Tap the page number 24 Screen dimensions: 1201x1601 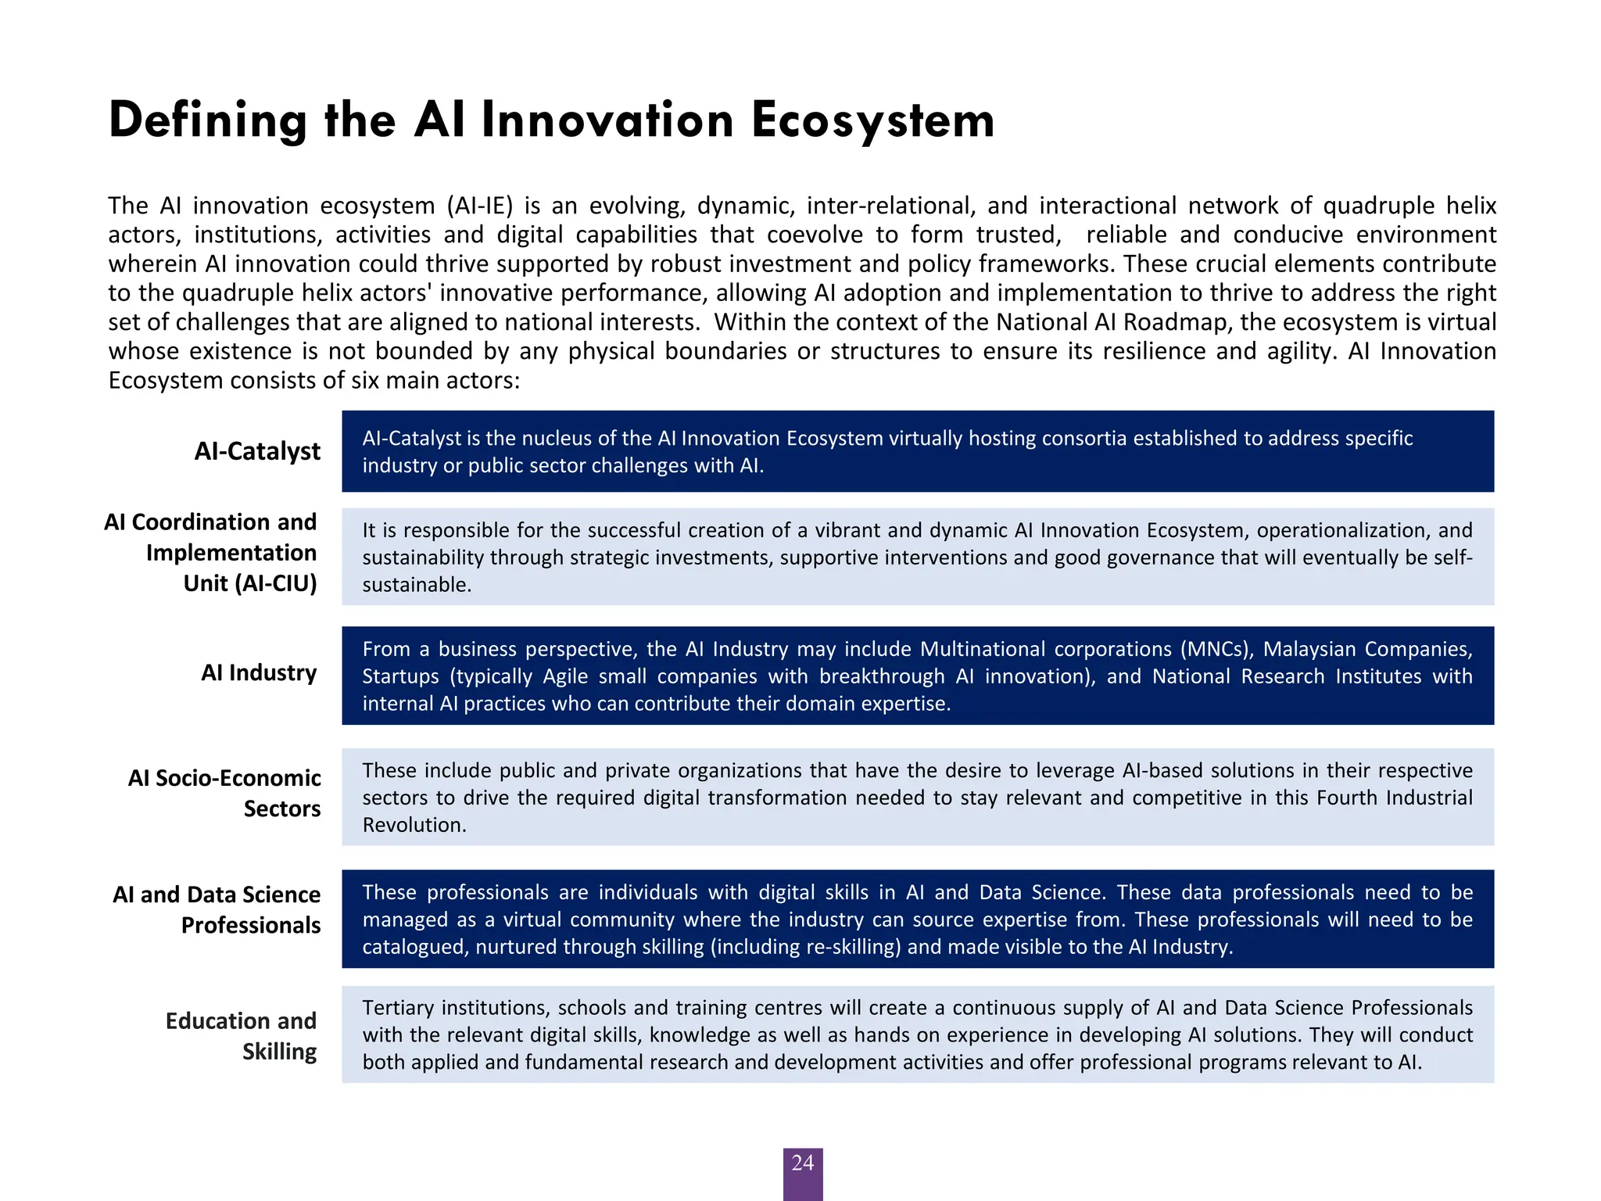coord(802,1163)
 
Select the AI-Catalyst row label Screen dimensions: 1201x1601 coord(257,451)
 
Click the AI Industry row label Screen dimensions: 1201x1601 coord(259,672)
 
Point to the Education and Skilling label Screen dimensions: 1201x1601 coord(241,1036)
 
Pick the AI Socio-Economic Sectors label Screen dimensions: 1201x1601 coord(224,793)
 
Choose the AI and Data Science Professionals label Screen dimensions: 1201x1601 coord(217,909)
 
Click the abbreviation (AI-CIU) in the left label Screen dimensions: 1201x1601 coord(250,583)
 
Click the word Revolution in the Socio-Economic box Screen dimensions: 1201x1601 coord(414,825)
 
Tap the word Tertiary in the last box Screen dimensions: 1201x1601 coord(397,1008)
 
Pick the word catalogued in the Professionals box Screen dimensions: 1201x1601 coord(414,947)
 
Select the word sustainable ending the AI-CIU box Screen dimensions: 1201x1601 coord(416,585)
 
